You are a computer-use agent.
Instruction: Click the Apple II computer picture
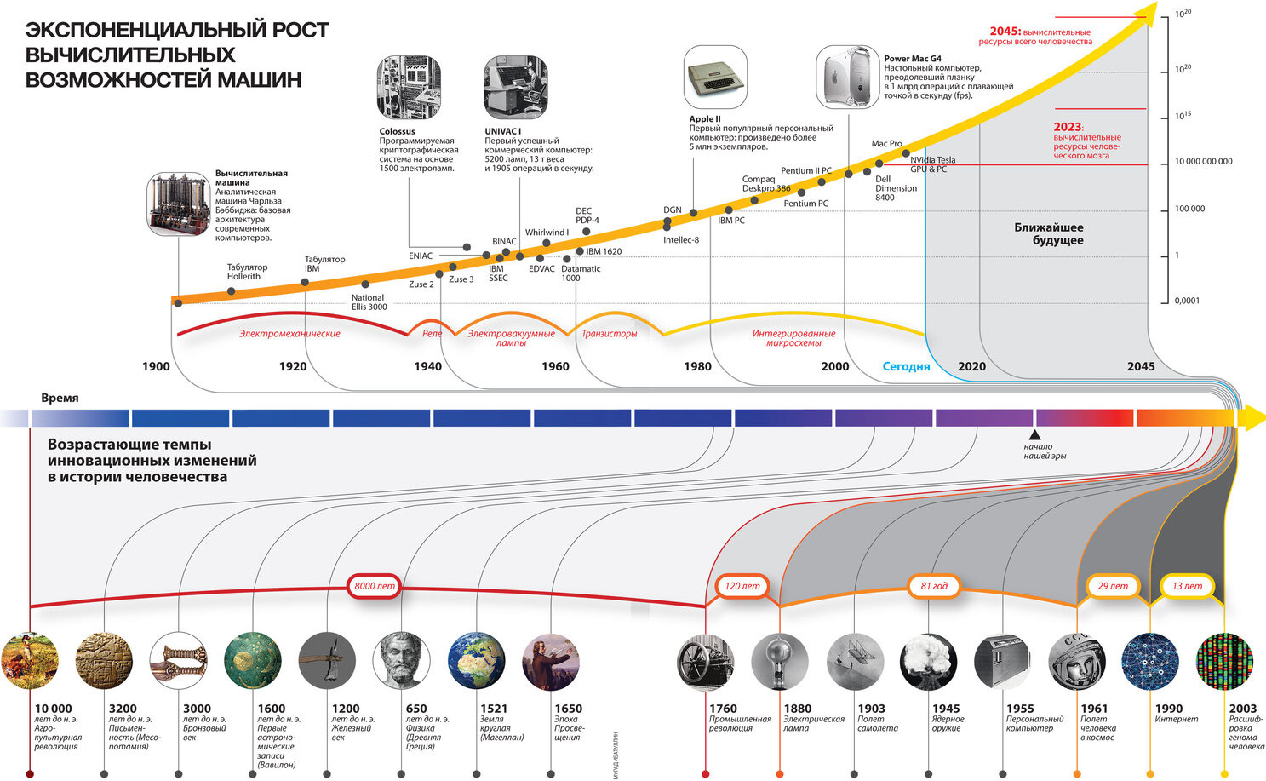point(715,78)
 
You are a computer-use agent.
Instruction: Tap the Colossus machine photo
point(409,88)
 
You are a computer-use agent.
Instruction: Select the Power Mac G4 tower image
point(847,78)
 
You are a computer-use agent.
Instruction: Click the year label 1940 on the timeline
point(427,366)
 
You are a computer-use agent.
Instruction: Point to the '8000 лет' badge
point(375,586)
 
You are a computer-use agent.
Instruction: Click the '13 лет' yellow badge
point(1187,586)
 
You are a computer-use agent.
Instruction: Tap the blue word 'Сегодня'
point(906,366)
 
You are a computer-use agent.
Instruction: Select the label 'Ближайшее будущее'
point(1048,234)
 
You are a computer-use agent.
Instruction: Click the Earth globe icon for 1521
point(476,660)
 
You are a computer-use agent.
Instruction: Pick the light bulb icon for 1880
point(779,660)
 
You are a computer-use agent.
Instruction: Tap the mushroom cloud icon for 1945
point(928,660)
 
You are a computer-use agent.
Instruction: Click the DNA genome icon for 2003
point(1224,660)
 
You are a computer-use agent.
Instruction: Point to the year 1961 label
point(1094,709)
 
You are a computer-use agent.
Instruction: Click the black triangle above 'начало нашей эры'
point(1035,434)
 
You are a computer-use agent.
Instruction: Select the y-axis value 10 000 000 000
point(1203,161)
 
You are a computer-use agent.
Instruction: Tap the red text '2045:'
point(1005,32)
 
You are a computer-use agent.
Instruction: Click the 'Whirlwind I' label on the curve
point(547,233)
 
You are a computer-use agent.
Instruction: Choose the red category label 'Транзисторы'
point(609,334)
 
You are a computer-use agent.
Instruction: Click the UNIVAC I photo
point(515,88)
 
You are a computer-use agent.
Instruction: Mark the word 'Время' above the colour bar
point(60,398)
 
